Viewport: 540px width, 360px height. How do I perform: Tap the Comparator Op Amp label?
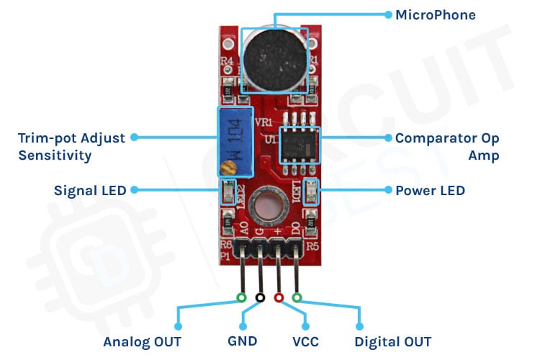tap(447, 145)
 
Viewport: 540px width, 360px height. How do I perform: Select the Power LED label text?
tap(430, 191)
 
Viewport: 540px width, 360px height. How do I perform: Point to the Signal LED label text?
tap(90, 191)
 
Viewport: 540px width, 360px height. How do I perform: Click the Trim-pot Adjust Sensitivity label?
tap(71, 145)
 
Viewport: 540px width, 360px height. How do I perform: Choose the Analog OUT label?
tap(142, 341)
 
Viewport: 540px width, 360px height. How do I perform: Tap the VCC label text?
tap(305, 341)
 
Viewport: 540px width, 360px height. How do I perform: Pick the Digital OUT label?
tap(393, 341)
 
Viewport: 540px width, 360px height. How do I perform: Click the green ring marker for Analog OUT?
tap(242, 297)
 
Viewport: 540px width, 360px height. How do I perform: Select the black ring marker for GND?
tap(260, 297)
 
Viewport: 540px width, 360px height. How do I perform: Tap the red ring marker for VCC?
tap(279, 297)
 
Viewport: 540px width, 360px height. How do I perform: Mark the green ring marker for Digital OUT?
tap(297, 297)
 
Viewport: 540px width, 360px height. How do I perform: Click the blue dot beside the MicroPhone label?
tap(388, 14)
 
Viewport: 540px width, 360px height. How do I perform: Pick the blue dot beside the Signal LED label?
tap(134, 191)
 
